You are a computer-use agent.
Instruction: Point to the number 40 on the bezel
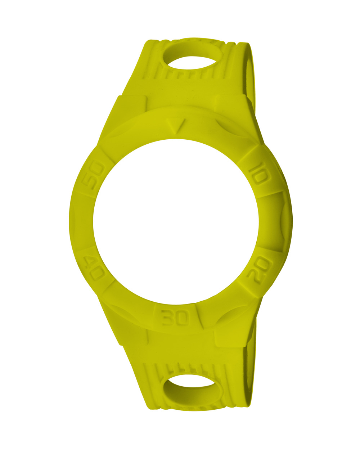click(x=93, y=268)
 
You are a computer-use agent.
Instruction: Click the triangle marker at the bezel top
click(x=176, y=126)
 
